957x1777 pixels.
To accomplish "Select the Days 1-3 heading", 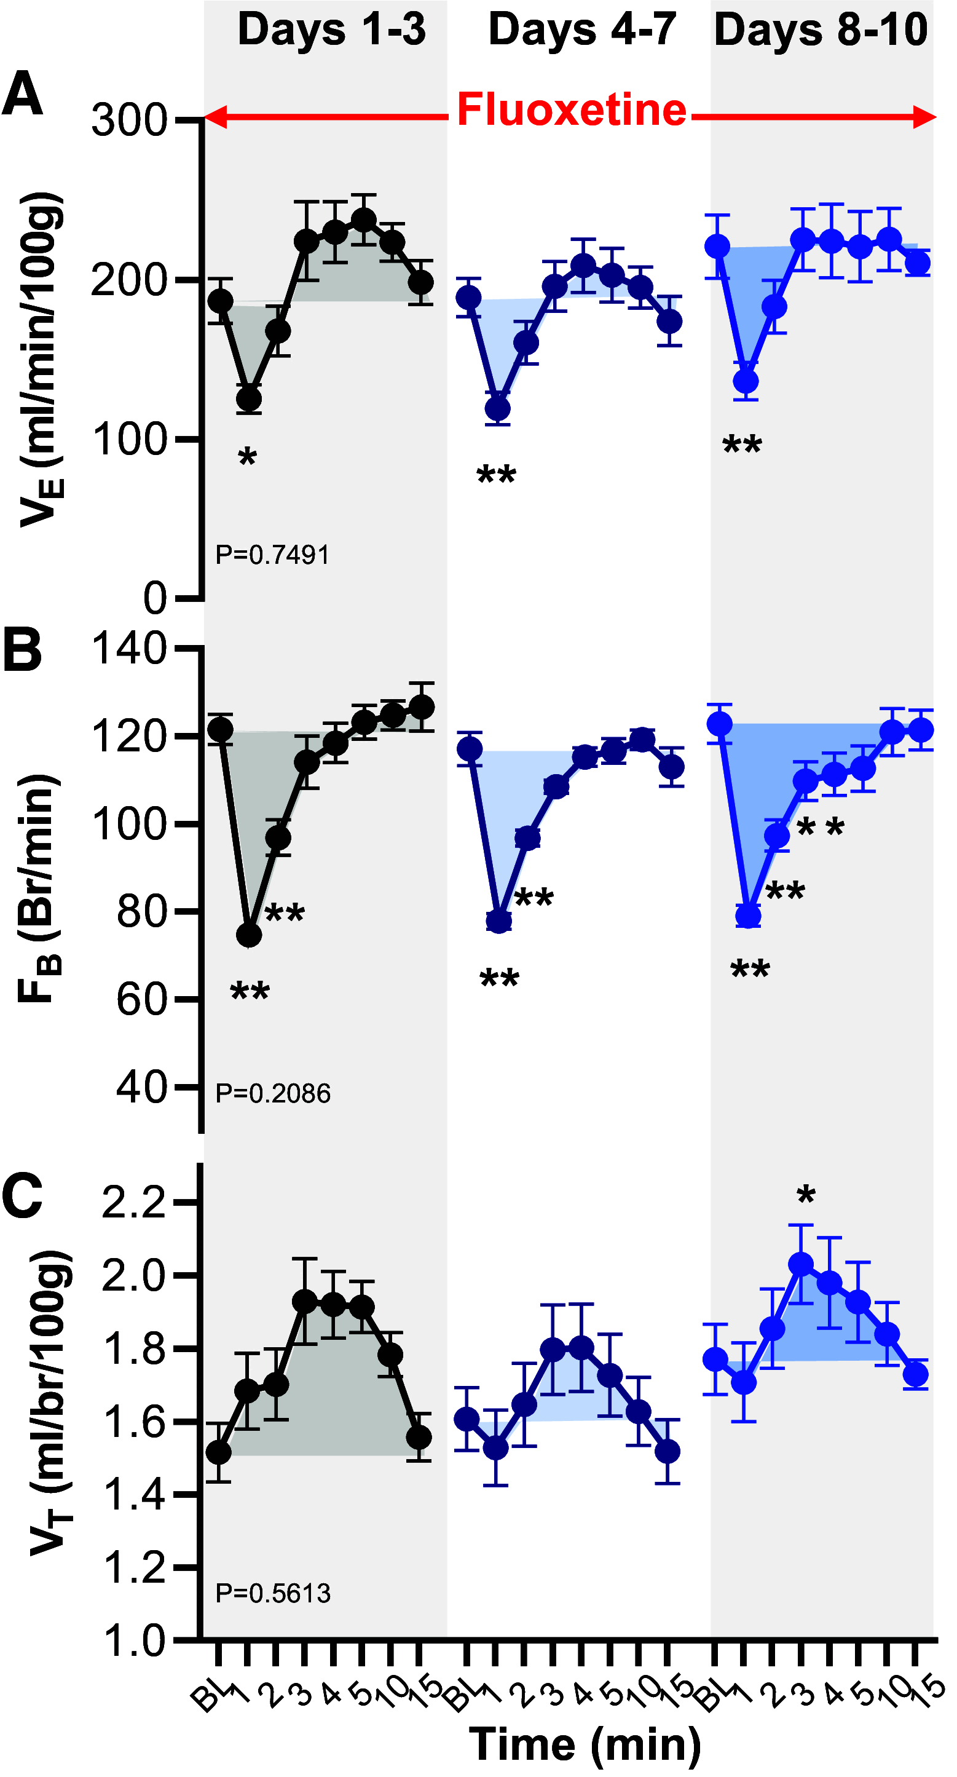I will pyautogui.click(x=332, y=30).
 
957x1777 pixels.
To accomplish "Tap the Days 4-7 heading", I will pyautogui.click(x=582, y=30).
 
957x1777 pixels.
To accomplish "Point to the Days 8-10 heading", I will pyautogui.click(x=821, y=30).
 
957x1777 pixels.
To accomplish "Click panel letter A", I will pyautogui.click(x=22, y=95).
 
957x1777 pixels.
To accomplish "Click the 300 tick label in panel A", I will pyautogui.click(x=129, y=120).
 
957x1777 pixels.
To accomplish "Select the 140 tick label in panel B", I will pyautogui.click(x=129, y=649).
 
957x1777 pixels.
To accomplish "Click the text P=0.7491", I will pyautogui.click(x=272, y=555).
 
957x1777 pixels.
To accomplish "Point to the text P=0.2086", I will pyautogui.click(x=272, y=1094).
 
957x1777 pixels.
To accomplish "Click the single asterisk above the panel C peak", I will pyautogui.click(x=805, y=1195).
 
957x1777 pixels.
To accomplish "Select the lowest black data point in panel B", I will pyautogui.click(x=249, y=935).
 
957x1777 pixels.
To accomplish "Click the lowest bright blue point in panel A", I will pyautogui.click(x=746, y=381).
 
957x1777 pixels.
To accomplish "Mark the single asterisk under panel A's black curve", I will pyautogui.click(x=248, y=457).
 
